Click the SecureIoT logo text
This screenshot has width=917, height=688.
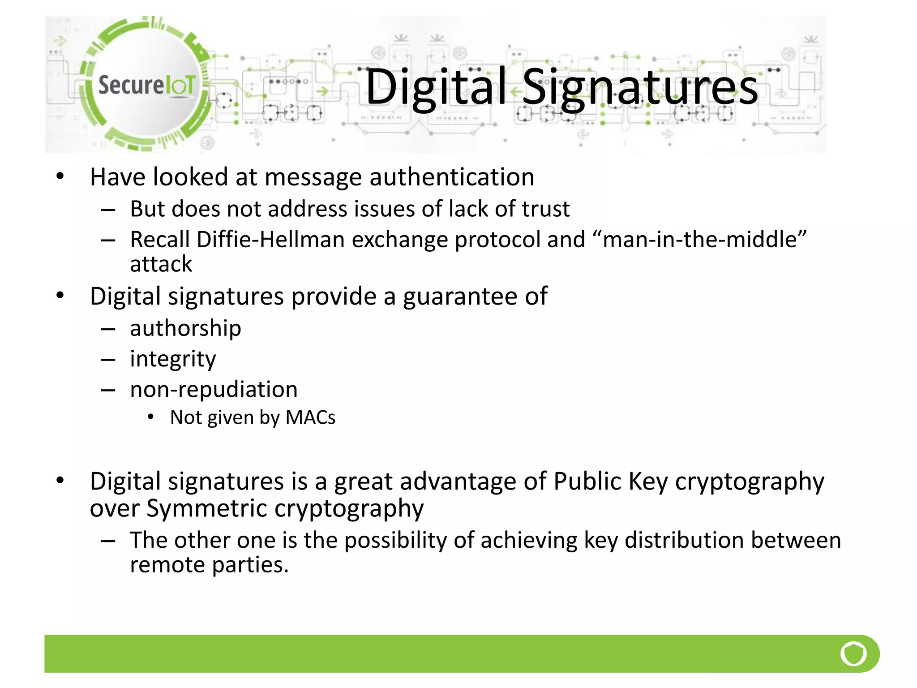(146, 85)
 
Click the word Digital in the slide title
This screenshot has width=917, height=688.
(435, 87)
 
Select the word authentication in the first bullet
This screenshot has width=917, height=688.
(452, 177)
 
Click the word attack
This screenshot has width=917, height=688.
(161, 264)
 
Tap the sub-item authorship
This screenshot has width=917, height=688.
(185, 328)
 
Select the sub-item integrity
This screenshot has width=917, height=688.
(173, 359)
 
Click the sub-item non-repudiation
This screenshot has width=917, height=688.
(214, 389)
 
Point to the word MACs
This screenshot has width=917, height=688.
(310, 417)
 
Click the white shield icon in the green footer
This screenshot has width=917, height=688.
(853, 654)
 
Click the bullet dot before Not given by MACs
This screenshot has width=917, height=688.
(151, 417)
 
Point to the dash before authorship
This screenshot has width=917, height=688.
(108, 329)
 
